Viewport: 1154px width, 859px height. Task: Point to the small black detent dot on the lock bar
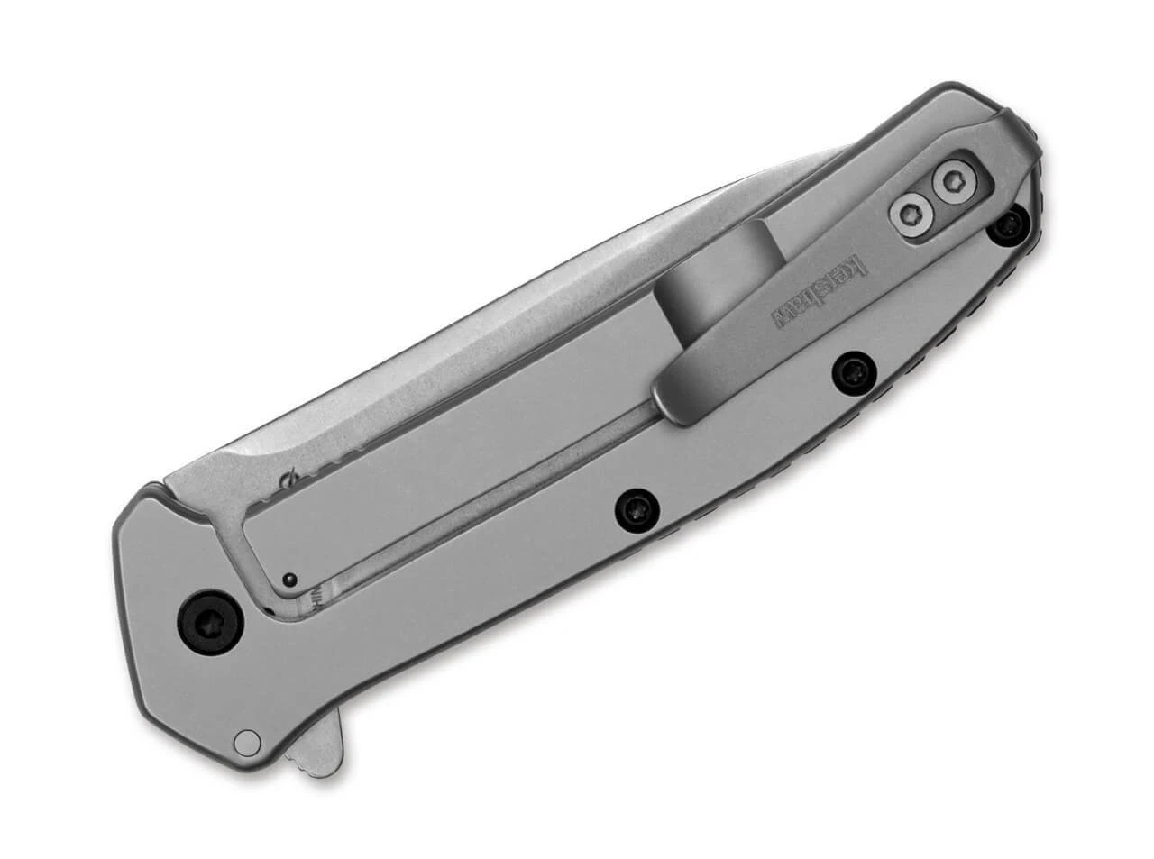click(x=288, y=579)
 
